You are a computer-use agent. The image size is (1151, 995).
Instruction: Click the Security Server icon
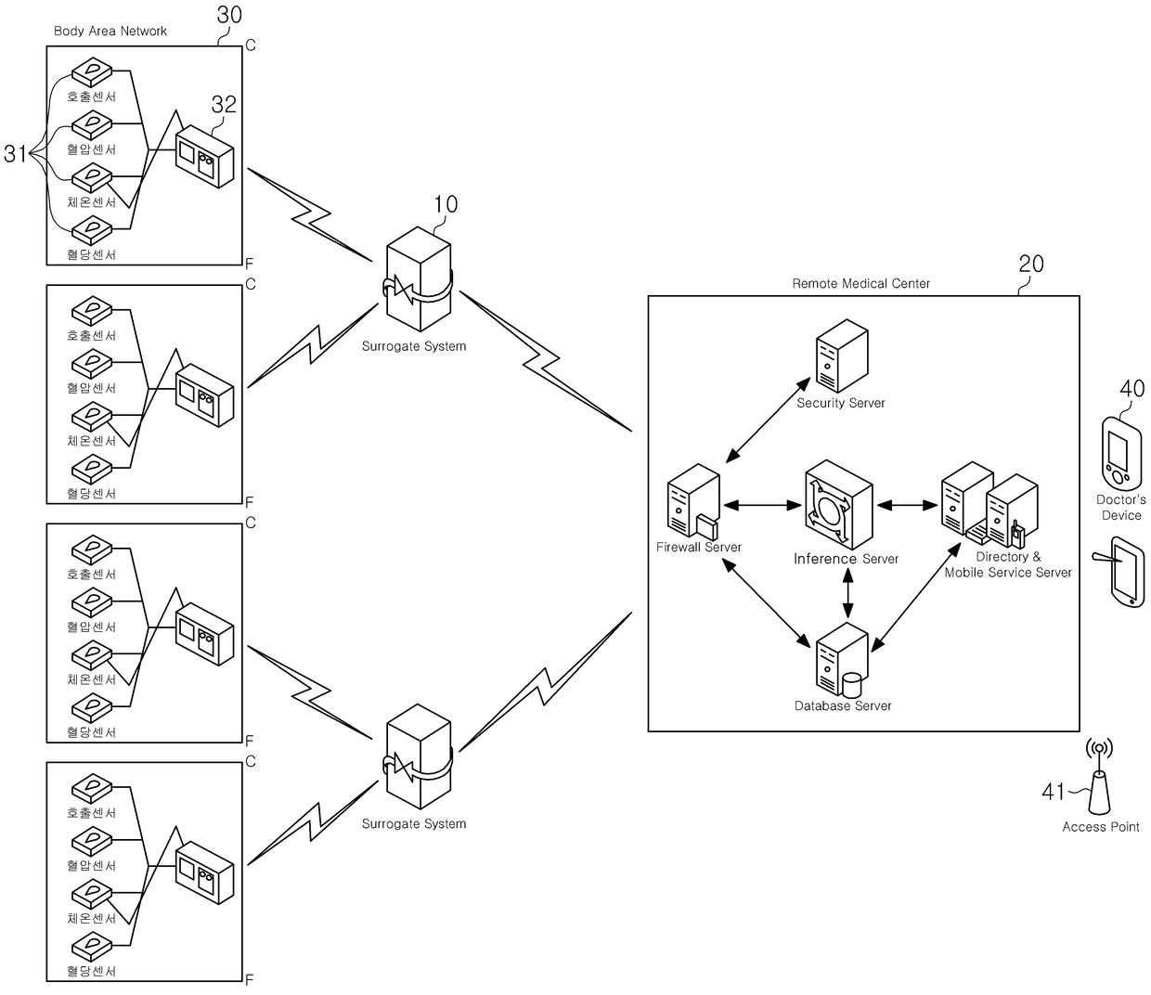pos(841,355)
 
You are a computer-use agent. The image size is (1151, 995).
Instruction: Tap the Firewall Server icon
pos(693,500)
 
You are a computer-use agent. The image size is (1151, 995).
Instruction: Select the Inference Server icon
pos(838,504)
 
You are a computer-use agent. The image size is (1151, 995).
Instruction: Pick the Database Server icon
pos(841,660)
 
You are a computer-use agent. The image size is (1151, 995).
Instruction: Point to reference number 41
pos(1053,791)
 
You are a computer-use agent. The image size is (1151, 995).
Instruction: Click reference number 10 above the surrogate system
pos(446,204)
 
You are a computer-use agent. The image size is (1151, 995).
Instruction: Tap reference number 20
pos(1030,264)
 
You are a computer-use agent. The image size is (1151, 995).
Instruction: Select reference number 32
pos(224,104)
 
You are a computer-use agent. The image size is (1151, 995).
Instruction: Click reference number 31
pos(15,154)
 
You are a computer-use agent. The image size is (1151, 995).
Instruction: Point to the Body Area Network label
pos(110,31)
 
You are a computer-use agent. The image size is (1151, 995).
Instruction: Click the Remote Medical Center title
pos(860,283)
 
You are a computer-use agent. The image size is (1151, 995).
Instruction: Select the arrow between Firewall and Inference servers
pos(762,505)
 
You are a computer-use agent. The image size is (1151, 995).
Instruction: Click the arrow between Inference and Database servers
pos(847,593)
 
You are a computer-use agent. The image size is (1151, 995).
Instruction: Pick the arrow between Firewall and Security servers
pos(768,420)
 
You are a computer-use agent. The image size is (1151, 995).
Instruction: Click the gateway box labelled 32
pos(204,156)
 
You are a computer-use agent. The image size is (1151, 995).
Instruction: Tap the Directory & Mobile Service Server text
pos(1008,564)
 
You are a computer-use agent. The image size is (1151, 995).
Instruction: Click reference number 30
pos(229,15)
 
